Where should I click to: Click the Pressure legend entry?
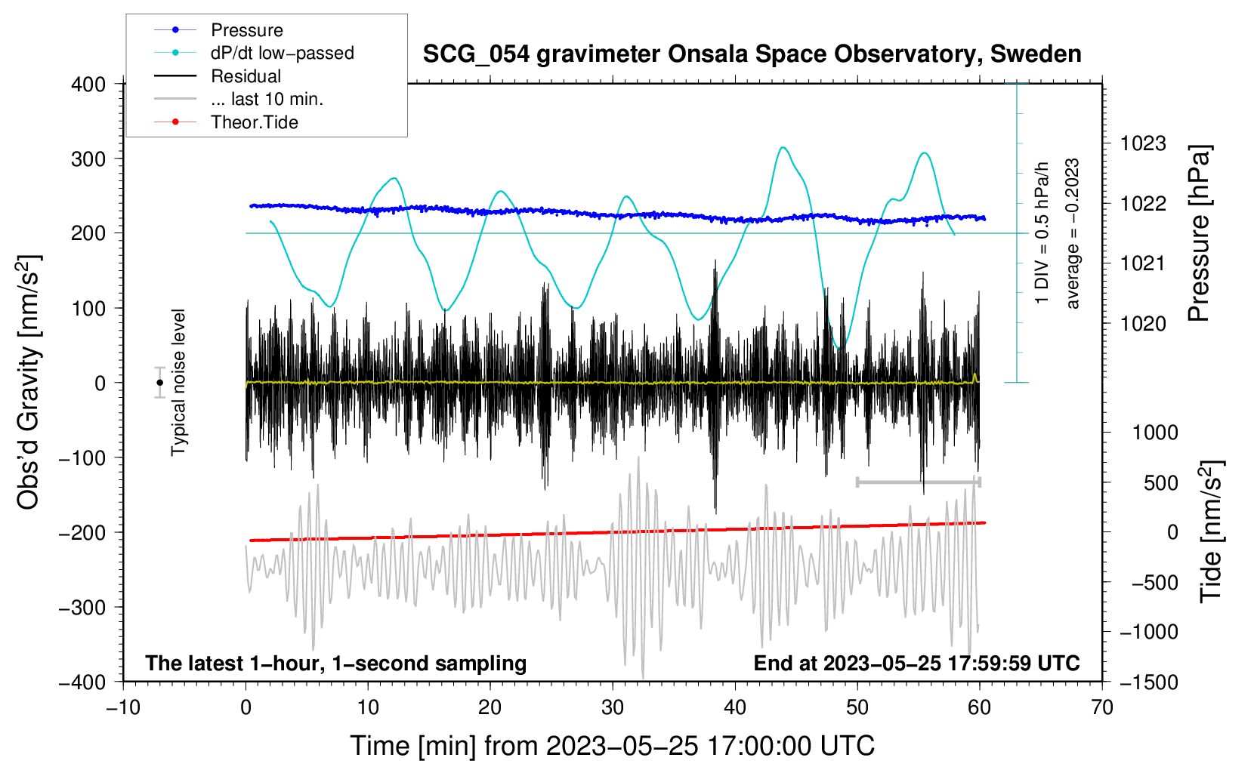point(246,30)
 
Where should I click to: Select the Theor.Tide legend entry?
point(254,122)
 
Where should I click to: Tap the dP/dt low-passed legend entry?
point(282,53)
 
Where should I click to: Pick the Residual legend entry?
point(246,76)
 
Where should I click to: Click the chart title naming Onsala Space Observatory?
point(752,54)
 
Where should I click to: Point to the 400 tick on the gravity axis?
point(89,85)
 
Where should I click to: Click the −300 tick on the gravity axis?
point(82,608)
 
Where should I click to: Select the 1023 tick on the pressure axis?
point(1143,143)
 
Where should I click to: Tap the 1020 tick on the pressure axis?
point(1143,324)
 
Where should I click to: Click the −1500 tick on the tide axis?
point(1149,682)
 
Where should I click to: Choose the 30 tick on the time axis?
point(613,707)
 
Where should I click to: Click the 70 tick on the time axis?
point(1102,707)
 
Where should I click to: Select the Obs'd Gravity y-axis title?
point(28,382)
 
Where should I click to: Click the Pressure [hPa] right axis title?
point(1200,233)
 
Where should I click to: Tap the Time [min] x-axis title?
point(612,746)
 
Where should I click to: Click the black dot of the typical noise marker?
point(159,383)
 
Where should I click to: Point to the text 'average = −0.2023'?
point(1073,234)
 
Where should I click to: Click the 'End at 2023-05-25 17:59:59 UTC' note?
point(916,663)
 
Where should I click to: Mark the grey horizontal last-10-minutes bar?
point(918,482)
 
